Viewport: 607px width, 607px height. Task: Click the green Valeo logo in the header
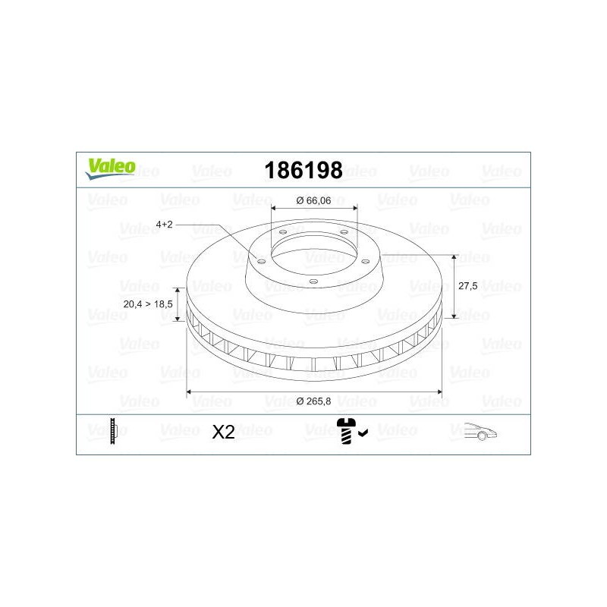coord(110,168)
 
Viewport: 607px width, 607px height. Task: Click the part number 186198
coord(303,170)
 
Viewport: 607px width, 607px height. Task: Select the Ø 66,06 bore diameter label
coord(313,200)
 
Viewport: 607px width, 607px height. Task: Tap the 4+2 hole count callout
coord(164,225)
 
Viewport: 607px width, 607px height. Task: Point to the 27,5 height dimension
coord(467,286)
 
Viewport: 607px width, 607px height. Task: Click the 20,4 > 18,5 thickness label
coord(148,304)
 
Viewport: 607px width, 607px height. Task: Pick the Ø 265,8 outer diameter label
coord(313,401)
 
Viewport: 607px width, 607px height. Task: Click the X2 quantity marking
coord(223,432)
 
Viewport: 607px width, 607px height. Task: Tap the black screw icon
coord(346,431)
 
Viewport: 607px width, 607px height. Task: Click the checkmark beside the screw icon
coord(363,432)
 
